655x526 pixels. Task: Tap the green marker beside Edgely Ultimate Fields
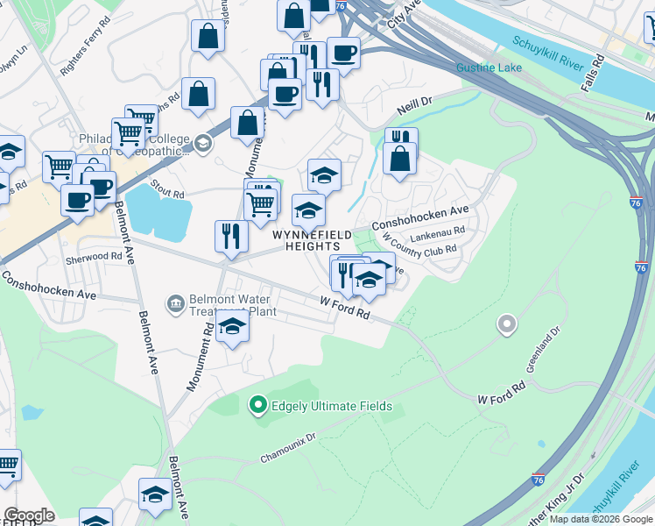tap(257, 405)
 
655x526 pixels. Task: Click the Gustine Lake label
tap(489, 68)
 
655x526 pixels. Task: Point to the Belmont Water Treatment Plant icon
tap(175, 304)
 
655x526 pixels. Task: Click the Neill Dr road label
tap(415, 103)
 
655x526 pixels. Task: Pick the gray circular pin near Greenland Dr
tap(506, 325)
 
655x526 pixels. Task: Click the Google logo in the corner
tap(29, 515)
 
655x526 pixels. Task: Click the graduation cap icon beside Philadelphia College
tap(203, 142)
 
